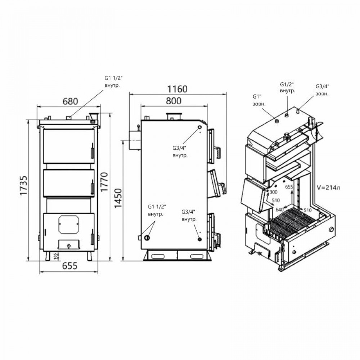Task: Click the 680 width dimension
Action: coord(70,102)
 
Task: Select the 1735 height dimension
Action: coord(24,186)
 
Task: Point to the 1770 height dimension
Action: coord(105,182)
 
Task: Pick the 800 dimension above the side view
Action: coord(174,101)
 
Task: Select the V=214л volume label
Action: coord(328,188)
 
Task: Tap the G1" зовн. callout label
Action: coord(259,100)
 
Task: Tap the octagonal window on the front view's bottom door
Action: coord(68,224)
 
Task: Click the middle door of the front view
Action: coord(68,183)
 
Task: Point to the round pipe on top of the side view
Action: coord(174,117)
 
